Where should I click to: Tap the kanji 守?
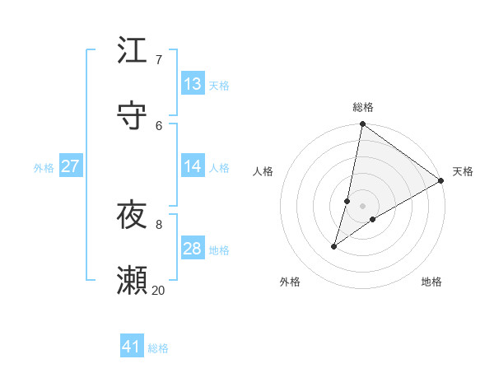[x=132, y=115]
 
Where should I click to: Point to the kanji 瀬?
[x=132, y=281]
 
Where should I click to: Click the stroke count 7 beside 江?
[x=158, y=60]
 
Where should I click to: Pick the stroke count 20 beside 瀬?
[x=158, y=290]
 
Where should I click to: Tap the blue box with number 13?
[x=193, y=84]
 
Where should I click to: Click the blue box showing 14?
[x=193, y=166]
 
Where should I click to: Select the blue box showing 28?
[x=193, y=249]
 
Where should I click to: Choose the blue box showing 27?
[x=70, y=166]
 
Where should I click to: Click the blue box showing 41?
[x=132, y=347]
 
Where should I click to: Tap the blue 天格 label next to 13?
[x=219, y=86]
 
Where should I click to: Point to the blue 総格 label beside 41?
[x=158, y=348]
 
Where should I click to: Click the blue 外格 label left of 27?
[x=44, y=168]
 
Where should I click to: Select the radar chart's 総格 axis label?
[x=363, y=107]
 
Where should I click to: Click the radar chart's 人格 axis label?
[x=263, y=171]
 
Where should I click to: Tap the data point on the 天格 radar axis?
[x=441, y=181]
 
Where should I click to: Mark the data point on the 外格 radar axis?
[x=334, y=246]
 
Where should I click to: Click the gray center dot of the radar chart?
[x=363, y=206]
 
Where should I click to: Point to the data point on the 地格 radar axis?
[x=373, y=219]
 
